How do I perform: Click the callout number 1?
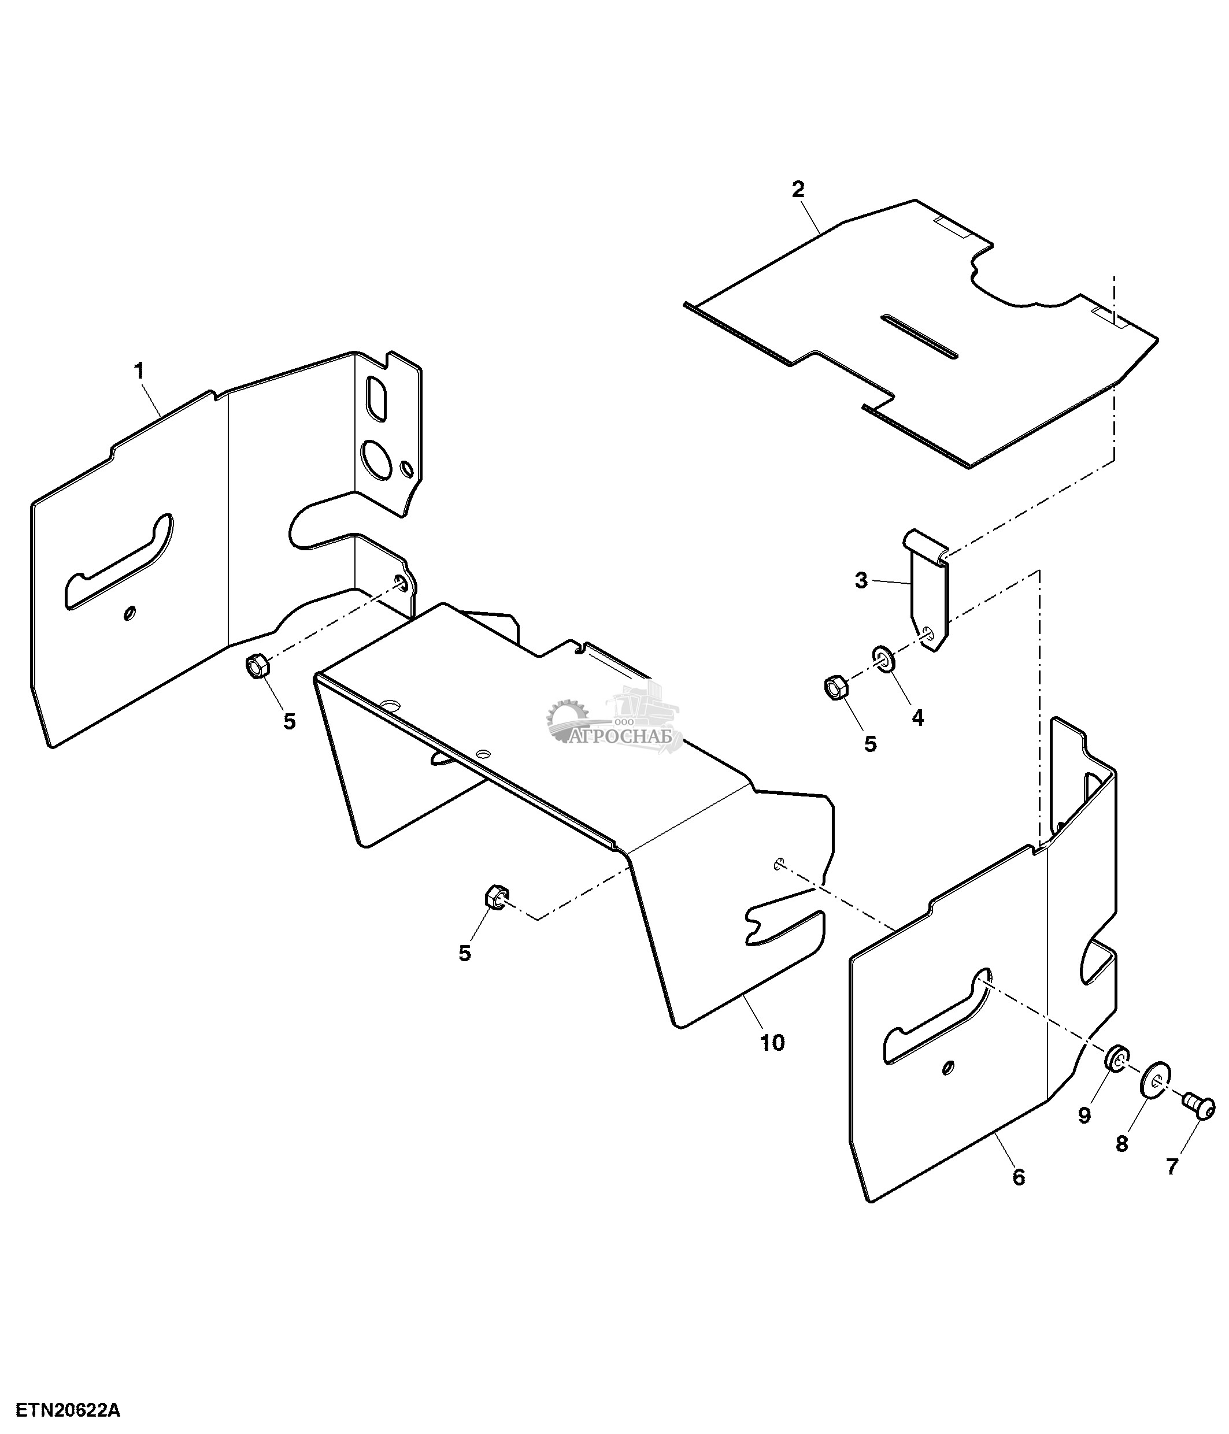tap(139, 371)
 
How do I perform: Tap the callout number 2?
tap(798, 189)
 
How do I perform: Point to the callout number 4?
tap(917, 718)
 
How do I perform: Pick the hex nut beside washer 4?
tap(836, 688)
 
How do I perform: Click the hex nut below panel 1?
tap(257, 666)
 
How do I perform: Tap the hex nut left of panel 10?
tap(497, 897)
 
